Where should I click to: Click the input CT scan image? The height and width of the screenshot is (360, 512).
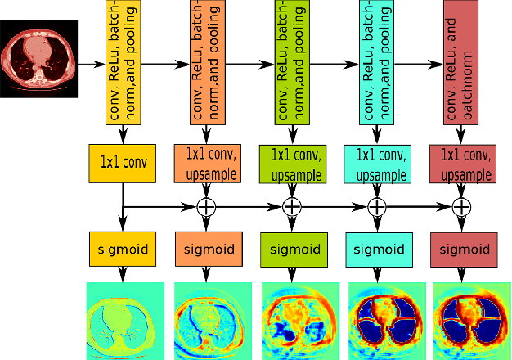pos(39,61)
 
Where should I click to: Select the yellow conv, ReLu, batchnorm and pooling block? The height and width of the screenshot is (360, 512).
pos(123,63)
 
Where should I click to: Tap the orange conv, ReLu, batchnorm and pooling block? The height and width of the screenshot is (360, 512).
pos(207,63)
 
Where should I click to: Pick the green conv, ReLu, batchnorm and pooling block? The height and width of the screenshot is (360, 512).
pos(291,63)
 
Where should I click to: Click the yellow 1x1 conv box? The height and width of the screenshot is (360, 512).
pos(123,162)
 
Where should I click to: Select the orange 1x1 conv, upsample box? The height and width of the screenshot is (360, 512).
pos(207,162)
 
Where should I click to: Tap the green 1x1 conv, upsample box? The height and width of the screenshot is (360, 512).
pos(291,162)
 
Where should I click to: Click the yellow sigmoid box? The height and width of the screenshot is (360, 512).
pos(123,249)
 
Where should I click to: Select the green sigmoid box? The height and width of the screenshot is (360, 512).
pos(291,249)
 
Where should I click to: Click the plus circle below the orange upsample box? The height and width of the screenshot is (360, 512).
pos(208,207)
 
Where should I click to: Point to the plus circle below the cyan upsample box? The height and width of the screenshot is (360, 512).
pos(376,207)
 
